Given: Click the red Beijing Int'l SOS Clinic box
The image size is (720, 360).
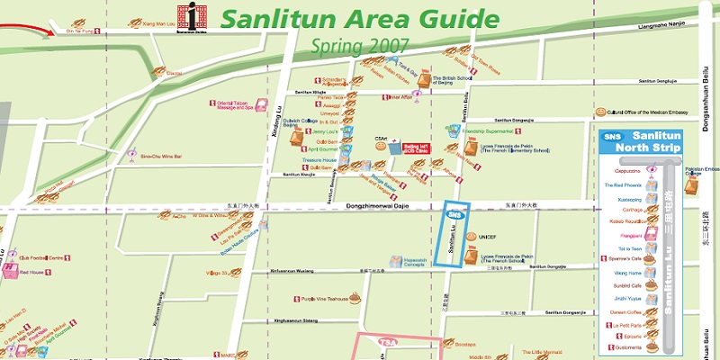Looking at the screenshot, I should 416,148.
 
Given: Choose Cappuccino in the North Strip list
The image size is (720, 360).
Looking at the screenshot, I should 627,170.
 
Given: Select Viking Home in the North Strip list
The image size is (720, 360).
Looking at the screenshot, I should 629,272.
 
